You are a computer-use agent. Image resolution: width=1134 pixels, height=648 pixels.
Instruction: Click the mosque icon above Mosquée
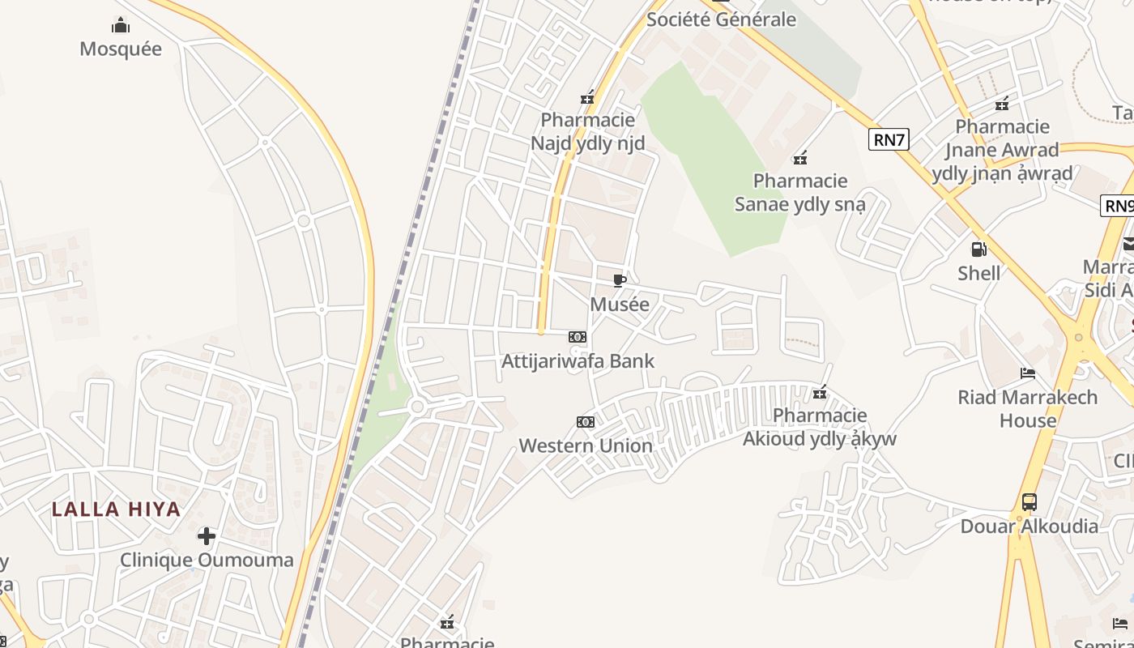coord(121,26)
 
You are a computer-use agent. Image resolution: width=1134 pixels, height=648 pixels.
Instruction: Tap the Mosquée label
coord(121,49)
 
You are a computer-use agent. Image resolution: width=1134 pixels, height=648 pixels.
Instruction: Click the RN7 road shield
coord(889,139)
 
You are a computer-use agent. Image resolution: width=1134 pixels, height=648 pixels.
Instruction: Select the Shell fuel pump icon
coord(978,249)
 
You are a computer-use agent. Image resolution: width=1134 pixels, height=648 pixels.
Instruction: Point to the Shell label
coord(978,273)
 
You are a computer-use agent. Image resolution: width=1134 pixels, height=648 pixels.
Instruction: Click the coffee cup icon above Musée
coord(620,281)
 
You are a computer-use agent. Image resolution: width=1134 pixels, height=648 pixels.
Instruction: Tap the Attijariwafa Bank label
coord(578,360)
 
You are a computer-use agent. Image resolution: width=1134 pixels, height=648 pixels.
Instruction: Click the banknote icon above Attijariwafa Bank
coord(578,337)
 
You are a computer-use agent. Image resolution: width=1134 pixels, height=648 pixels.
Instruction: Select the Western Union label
coord(586,446)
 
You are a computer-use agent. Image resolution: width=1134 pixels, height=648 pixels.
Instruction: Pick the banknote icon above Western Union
coord(586,422)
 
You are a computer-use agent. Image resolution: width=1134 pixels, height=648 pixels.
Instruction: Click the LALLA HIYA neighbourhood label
coord(116,509)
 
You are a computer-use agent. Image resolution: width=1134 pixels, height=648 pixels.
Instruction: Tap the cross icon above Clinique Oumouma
coord(207,536)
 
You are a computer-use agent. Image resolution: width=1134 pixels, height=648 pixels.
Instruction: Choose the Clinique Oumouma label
coord(207,560)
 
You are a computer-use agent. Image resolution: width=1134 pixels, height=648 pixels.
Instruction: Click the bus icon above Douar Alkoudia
coord(1029,502)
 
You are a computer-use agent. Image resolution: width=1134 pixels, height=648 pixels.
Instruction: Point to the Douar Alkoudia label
coord(1029,526)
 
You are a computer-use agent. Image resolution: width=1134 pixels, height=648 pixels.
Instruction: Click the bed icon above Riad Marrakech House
coord(1028,373)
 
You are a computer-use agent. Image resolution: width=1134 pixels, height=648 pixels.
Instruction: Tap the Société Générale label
coord(721,19)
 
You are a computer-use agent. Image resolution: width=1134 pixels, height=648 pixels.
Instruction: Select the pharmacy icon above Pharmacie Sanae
coord(800,157)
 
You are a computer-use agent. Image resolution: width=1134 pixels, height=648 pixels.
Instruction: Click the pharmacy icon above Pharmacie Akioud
coord(820,392)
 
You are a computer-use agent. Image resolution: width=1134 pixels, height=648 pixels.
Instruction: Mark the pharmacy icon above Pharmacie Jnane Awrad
coord(1002,104)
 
